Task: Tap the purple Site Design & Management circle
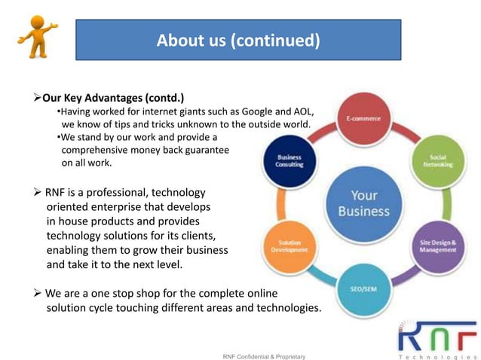pyautogui.click(x=438, y=246)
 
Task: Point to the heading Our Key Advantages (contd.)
pyautogui.click(x=113, y=98)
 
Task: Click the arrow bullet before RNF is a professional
pyautogui.click(x=37, y=193)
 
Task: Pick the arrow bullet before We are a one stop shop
pyautogui.click(x=37, y=292)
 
